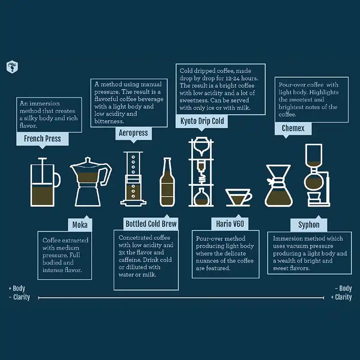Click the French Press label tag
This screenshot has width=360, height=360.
click(42, 139)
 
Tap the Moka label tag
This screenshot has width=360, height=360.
click(80, 225)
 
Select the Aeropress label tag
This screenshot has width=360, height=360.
click(133, 133)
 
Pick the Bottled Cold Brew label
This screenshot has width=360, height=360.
click(151, 224)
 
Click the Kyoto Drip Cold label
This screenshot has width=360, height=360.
click(202, 121)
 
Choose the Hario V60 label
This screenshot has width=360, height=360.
click(230, 224)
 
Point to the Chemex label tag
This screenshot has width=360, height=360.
click(293, 128)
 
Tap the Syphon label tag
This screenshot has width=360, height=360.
click(309, 225)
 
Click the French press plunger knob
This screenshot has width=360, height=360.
click(42, 158)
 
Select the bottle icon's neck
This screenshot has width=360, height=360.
click(167, 166)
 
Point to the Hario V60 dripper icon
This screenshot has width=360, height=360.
click(238, 198)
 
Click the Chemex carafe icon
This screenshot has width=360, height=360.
click(279, 185)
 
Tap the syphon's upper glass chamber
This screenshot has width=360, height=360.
click(314, 154)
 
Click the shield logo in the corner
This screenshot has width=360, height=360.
click(12, 67)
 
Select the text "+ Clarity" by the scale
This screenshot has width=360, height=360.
click(342, 297)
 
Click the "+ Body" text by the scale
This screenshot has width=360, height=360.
click(17, 288)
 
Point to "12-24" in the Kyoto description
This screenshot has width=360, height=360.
click(233, 78)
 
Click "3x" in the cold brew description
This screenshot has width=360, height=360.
click(121, 252)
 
